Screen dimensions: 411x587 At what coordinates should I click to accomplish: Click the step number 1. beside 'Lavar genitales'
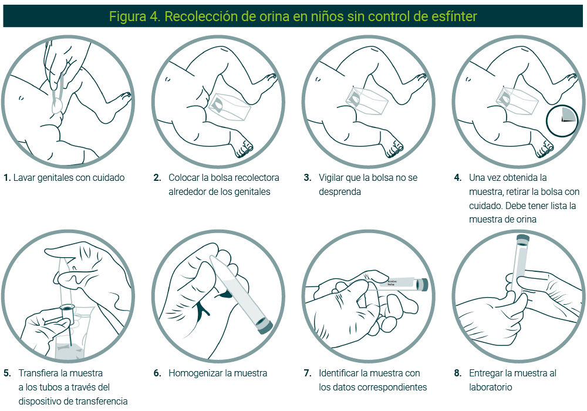7,177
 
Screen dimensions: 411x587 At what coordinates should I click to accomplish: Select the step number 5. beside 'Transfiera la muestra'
7,373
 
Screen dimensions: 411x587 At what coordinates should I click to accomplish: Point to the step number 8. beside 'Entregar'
458,373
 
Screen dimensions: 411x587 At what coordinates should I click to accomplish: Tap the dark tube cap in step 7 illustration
421,285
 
